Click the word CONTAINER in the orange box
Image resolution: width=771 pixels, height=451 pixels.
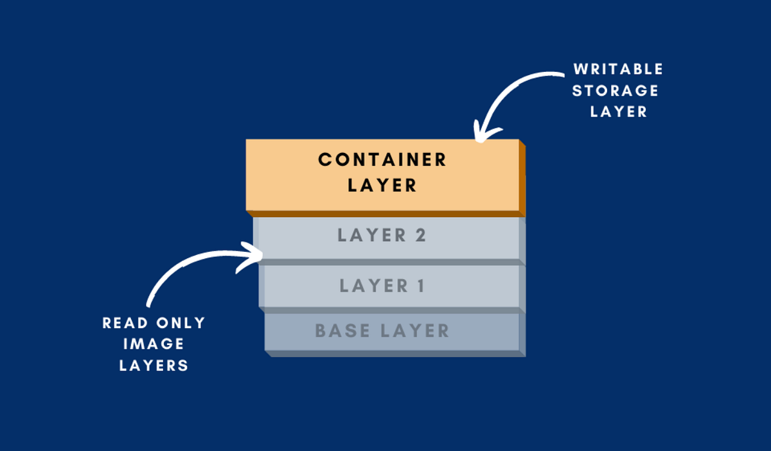point(382,160)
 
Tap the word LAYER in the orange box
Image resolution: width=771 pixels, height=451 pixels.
point(382,186)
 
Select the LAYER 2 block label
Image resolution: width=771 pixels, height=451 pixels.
point(382,235)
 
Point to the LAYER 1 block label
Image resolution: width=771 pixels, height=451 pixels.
point(382,285)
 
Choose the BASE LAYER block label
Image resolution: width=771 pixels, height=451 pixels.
point(382,332)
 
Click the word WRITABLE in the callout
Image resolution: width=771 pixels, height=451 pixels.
point(618,69)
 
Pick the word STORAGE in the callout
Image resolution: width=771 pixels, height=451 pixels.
point(616,90)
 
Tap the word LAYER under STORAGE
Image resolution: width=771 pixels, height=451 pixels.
point(618,111)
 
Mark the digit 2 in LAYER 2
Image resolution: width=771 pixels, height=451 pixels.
point(420,235)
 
